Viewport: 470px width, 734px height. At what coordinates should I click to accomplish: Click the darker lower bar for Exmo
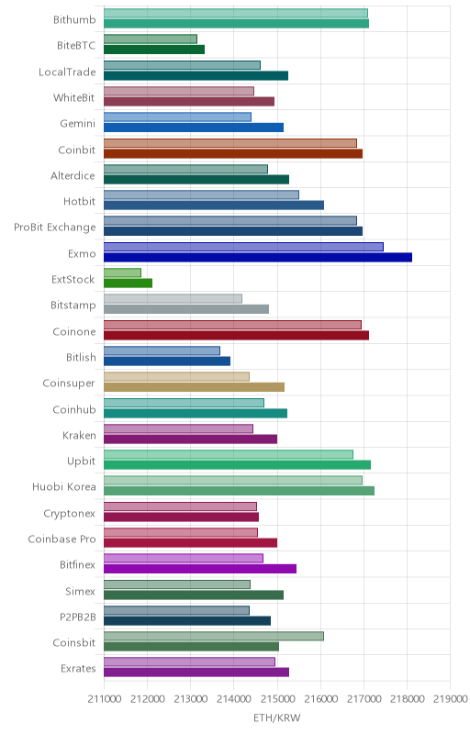pos(258,257)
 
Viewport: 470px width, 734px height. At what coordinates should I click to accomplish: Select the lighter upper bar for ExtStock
pos(122,272)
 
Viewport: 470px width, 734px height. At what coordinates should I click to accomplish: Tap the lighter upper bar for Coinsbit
pos(214,636)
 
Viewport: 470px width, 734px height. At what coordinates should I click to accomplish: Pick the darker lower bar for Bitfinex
pos(200,569)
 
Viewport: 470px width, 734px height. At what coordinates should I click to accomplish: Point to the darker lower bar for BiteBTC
pos(154,50)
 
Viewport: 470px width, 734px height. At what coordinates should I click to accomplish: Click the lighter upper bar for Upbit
pos(229,454)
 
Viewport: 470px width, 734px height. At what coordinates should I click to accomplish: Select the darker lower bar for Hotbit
pos(214,205)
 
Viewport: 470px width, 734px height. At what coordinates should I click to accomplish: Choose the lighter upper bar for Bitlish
pos(162,350)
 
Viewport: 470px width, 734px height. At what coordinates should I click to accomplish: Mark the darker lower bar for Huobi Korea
pos(239,491)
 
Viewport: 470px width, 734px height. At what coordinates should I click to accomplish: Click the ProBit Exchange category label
pos(55,228)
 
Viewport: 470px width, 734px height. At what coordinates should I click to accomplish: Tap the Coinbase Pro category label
pos(62,539)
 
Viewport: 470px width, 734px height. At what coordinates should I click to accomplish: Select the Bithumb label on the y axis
pos(74,19)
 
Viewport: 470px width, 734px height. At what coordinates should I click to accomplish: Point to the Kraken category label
pos(79,435)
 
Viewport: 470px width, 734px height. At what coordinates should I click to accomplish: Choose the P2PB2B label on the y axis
pos(78,617)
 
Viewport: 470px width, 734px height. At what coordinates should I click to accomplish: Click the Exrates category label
pos(78,669)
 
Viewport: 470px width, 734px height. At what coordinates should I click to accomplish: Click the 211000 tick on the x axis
pos(104,699)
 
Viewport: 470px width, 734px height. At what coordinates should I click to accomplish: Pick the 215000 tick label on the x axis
pos(277,699)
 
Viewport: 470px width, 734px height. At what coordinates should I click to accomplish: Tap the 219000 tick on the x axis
pos(452,699)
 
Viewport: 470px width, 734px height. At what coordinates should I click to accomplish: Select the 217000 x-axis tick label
pos(364,699)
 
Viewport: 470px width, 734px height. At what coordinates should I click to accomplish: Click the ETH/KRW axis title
pos(277,718)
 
